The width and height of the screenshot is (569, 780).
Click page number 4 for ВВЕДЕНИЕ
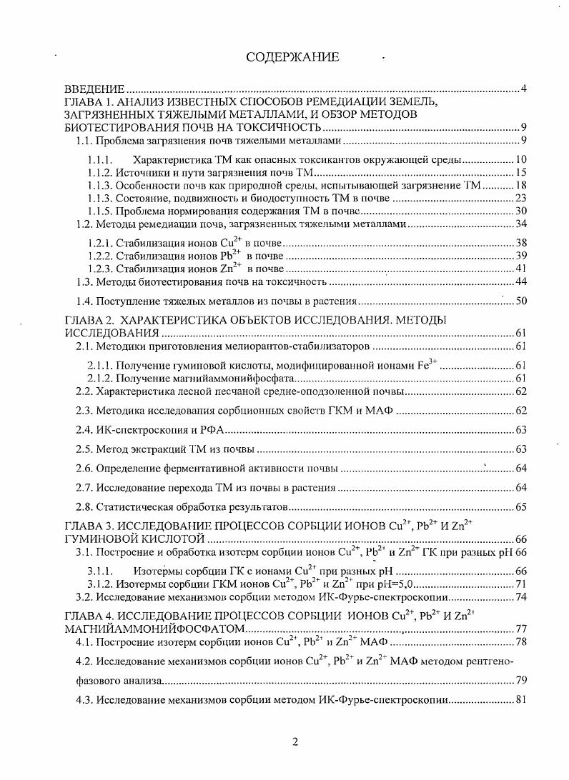pyautogui.click(x=524, y=89)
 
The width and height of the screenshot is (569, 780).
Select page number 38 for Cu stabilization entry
pyautogui.click(x=520, y=243)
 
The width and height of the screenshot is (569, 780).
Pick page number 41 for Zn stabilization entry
pyautogui.click(x=520, y=269)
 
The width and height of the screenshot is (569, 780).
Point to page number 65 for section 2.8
pyautogui.click(x=520, y=507)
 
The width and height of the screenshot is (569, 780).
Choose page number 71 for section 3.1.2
pyautogui.click(x=520, y=584)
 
